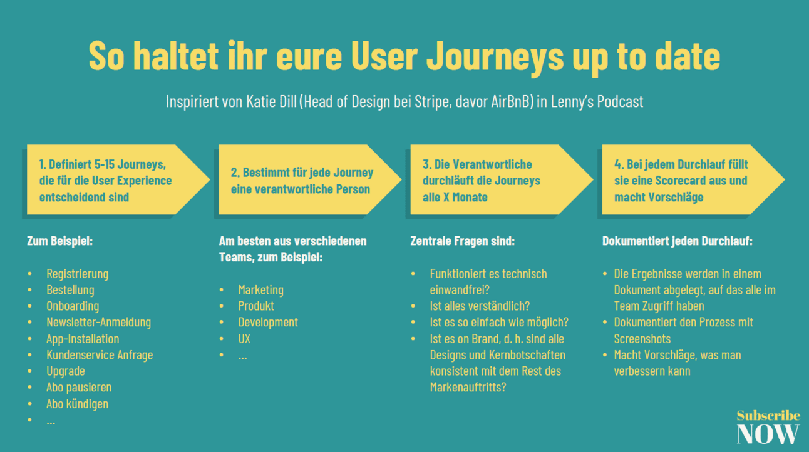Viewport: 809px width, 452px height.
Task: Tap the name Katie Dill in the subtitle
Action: point(269,101)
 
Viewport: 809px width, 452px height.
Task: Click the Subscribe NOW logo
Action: point(768,427)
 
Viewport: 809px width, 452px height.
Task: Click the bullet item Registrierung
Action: point(77,274)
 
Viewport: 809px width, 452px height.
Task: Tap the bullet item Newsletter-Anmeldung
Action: point(98,323)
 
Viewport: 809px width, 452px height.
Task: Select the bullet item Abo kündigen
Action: point(77,404)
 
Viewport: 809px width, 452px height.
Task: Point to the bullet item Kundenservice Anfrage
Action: point(100,355)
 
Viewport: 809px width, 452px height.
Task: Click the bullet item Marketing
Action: point(260,290)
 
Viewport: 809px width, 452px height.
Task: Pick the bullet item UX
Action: point(244,339)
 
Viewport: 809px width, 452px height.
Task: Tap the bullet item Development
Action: point(268,323)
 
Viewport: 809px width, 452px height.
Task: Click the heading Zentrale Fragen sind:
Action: point(462,241)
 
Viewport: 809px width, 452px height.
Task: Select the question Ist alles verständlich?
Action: point(480,306)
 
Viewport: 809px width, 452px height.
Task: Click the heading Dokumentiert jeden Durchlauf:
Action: point(678,241)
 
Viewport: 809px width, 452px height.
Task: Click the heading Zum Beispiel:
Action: point(59,241)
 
